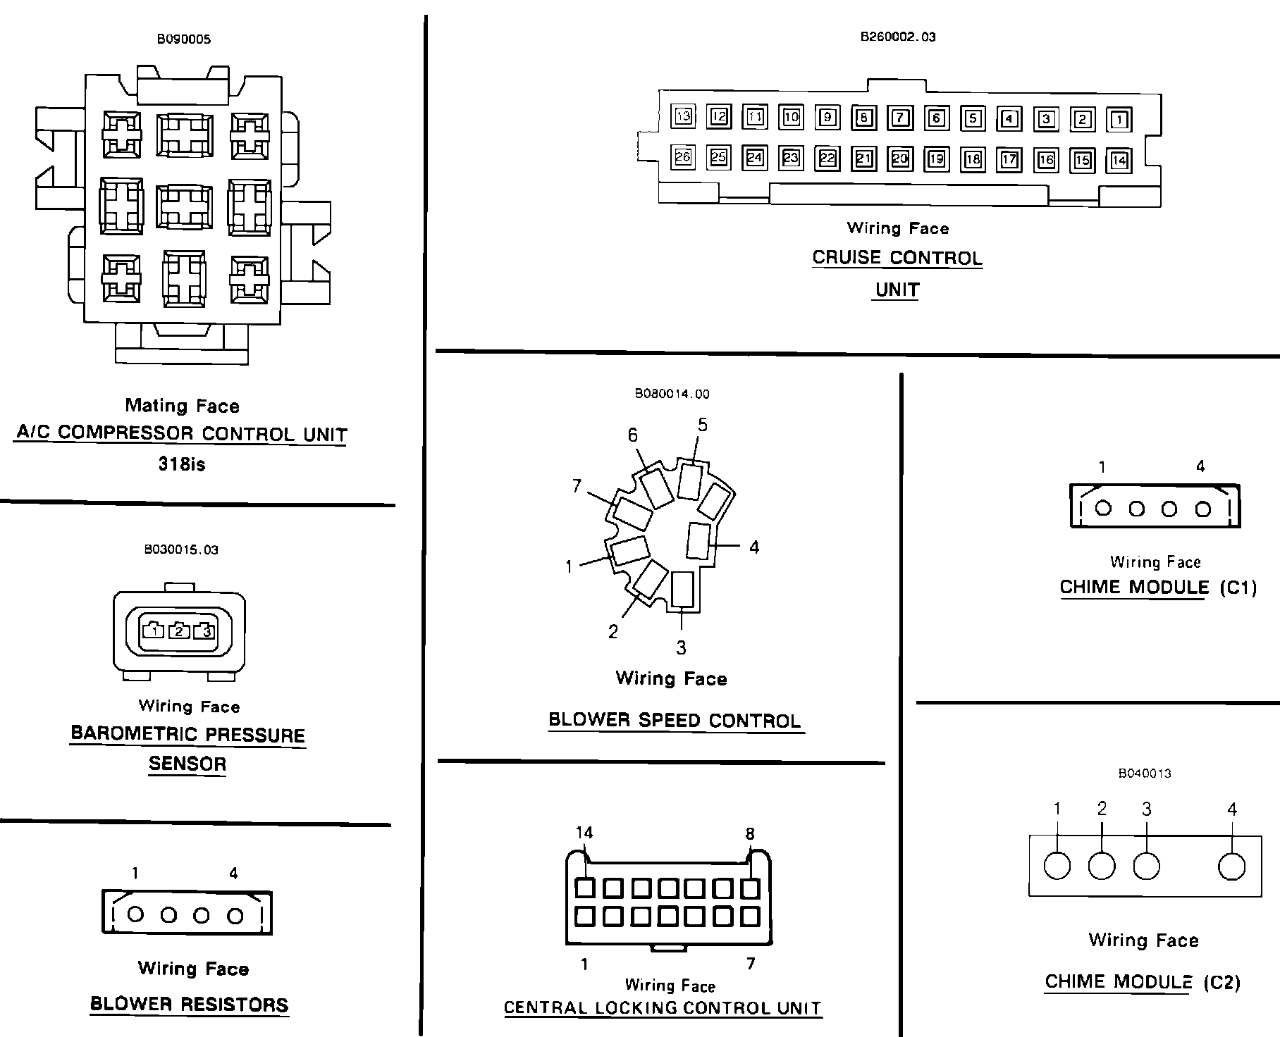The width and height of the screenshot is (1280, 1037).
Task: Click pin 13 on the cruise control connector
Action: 683,116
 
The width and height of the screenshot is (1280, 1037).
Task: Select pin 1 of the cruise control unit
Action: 1119,119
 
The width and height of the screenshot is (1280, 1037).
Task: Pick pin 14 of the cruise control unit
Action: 1119,161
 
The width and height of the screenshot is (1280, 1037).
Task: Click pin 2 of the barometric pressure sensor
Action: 179,631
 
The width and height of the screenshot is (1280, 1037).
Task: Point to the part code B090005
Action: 183,39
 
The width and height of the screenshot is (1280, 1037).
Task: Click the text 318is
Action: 182,464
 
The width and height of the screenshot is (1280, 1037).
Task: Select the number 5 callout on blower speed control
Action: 702,425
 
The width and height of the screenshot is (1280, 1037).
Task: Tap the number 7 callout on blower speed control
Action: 577,486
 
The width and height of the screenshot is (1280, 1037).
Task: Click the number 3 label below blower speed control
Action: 681,647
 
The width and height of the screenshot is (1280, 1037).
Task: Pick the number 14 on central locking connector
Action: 584,833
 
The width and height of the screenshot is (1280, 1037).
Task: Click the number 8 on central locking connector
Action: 750,833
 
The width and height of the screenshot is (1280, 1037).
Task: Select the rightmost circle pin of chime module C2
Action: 1231,866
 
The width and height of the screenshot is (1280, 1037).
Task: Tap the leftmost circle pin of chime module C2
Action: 1057,866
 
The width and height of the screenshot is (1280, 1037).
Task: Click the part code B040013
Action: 1145,773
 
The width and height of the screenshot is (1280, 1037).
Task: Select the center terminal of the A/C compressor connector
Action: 184,207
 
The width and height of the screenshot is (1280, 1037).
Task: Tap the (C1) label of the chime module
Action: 1238,588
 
